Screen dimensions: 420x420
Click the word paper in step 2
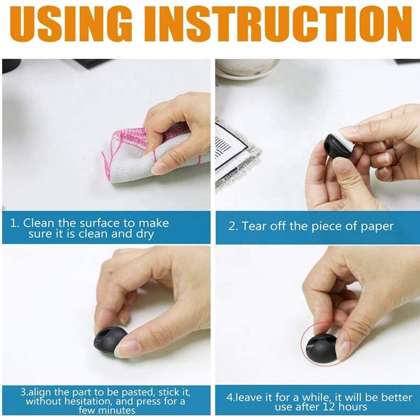[375, 227]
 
